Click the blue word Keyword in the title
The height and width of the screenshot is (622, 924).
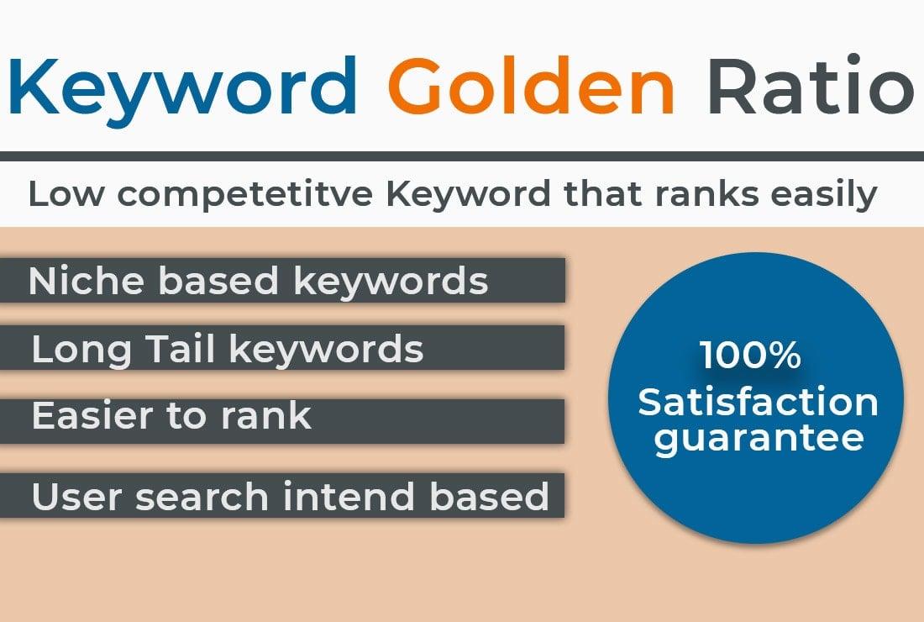click(181, 86)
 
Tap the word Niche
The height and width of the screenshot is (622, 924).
click(87, 282)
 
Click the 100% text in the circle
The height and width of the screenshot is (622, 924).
click(750, 356)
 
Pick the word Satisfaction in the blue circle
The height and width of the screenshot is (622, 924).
click(758, 402)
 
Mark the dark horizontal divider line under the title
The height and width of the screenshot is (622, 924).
click(462, 156)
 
